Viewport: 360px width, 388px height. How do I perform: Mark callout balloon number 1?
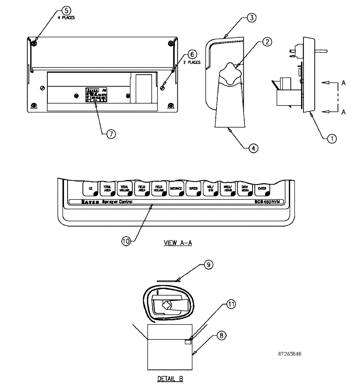point(332,138)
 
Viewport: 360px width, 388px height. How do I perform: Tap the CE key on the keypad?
point(90,188)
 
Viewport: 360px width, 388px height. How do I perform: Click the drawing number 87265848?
point(290,354)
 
